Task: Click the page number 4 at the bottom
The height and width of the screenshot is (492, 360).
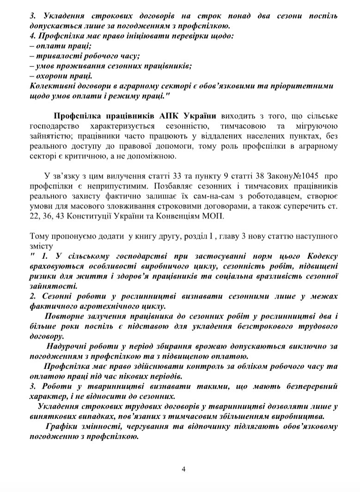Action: [x=183, y=469]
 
